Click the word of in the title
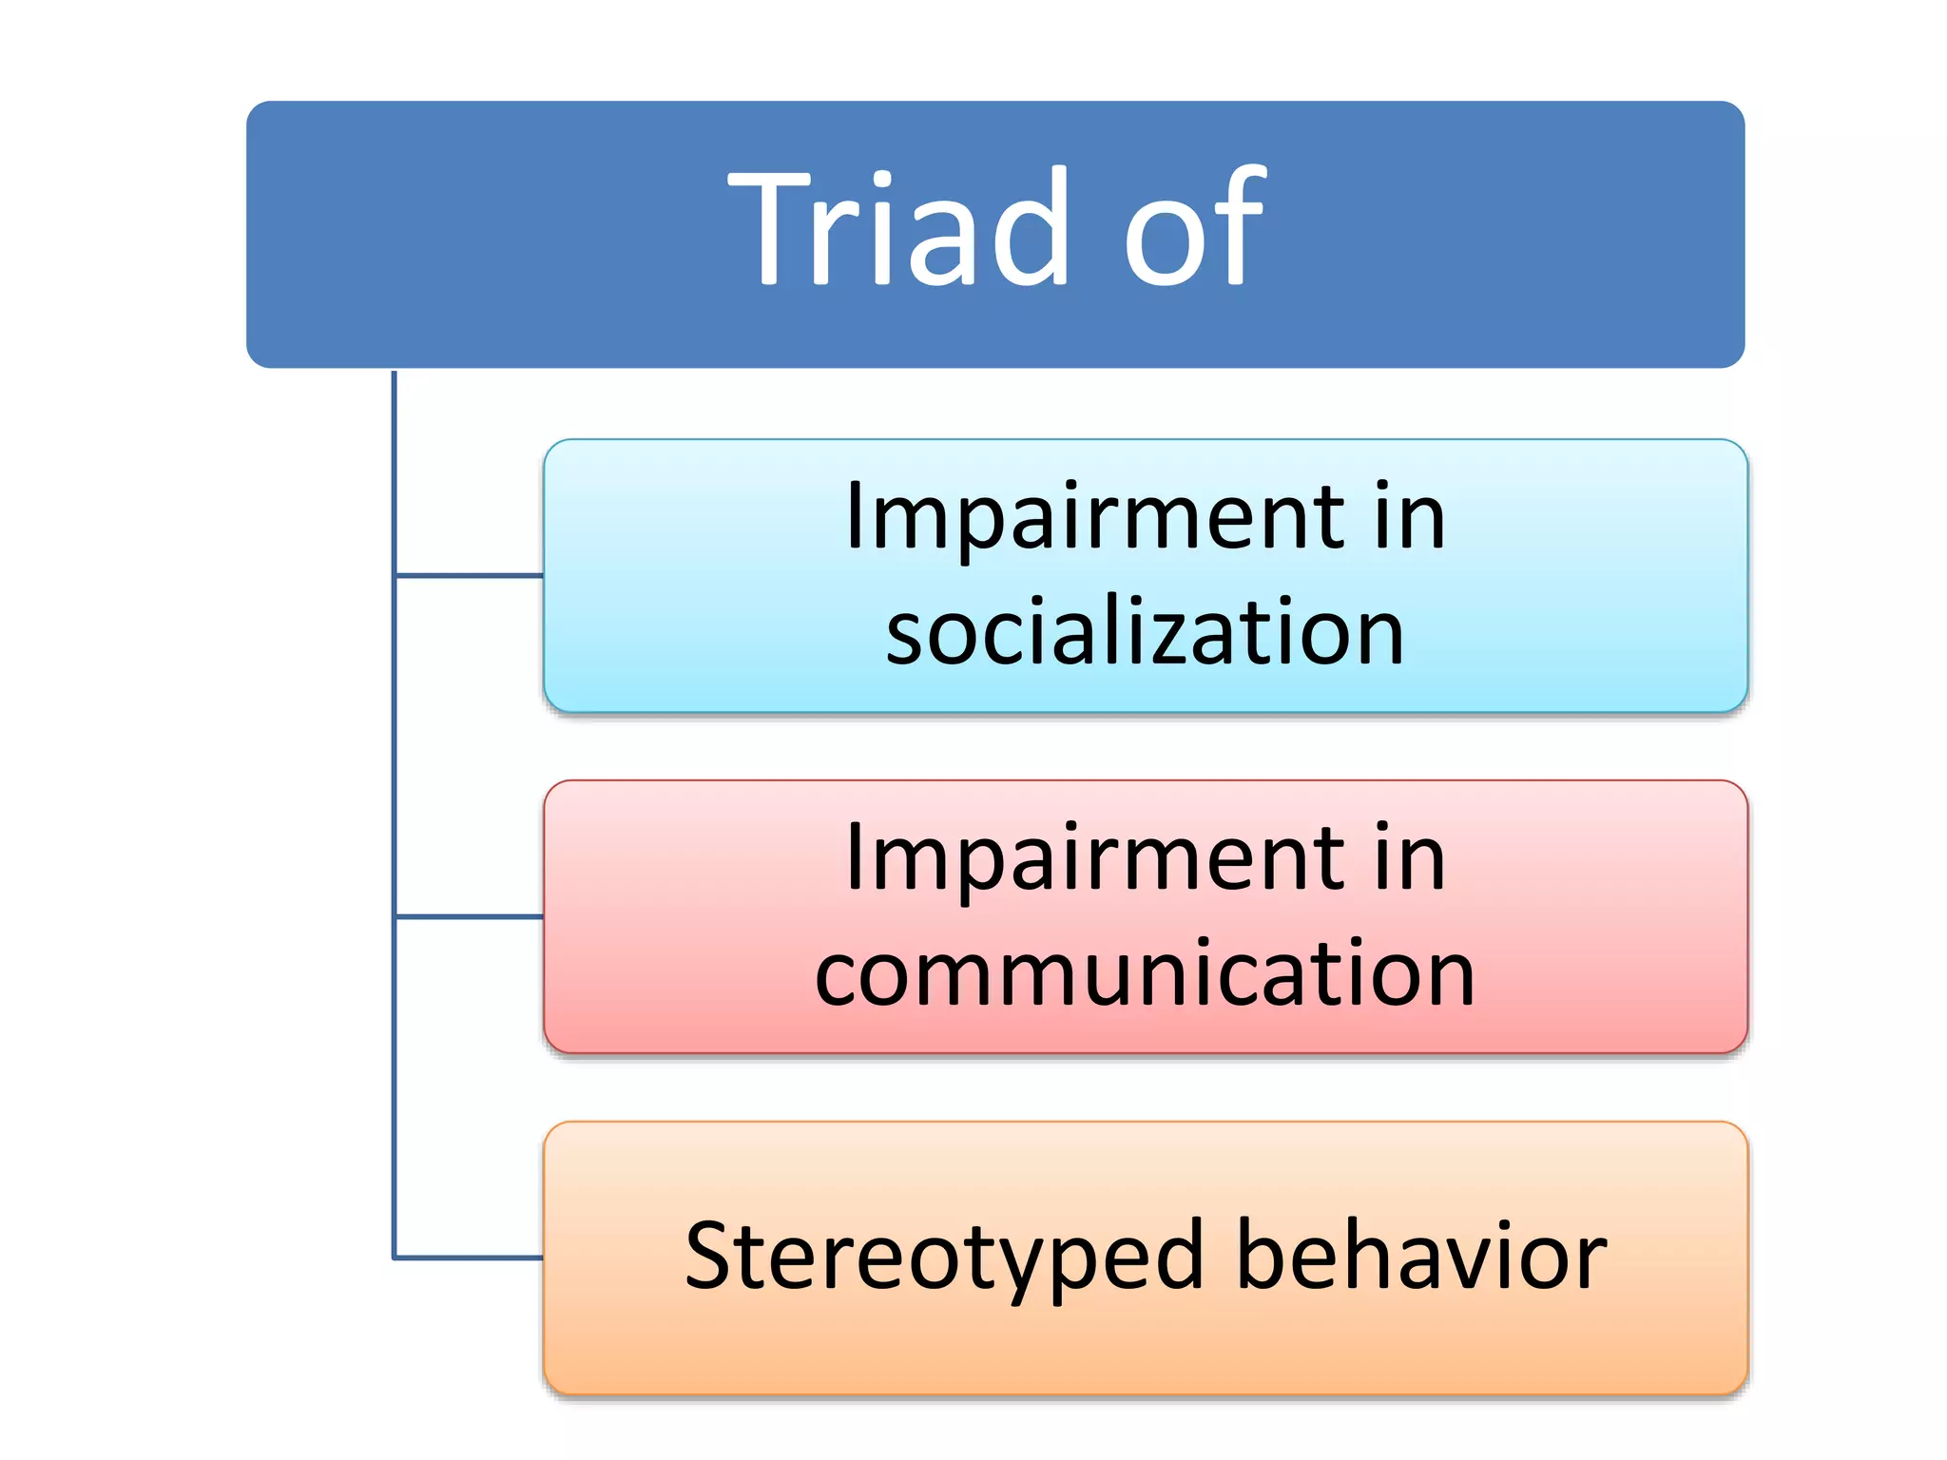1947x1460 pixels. tap(1194, 228)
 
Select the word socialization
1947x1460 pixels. tap(1145, 632)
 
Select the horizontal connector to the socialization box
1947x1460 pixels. tap(469, 575)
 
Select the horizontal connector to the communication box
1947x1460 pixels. tap(469, 916)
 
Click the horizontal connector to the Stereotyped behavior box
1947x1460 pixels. tap(469, 1258)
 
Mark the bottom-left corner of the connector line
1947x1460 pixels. tap(395, 1258)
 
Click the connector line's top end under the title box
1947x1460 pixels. tap(395, 374)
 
